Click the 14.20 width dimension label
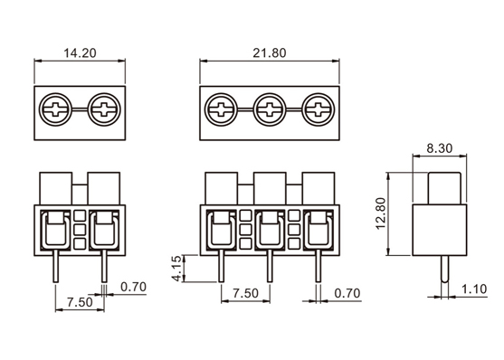point(80,53)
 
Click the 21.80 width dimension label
point(270,53)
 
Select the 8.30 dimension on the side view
point(440,148)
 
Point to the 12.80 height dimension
point(381,213)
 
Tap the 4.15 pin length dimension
point(177,269)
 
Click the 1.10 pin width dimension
point(474,289)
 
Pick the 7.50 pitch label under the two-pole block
point(80,302)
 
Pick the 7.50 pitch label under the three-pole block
point(245,293)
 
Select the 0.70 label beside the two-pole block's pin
point(133,287)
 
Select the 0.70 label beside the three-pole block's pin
point(347,293)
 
